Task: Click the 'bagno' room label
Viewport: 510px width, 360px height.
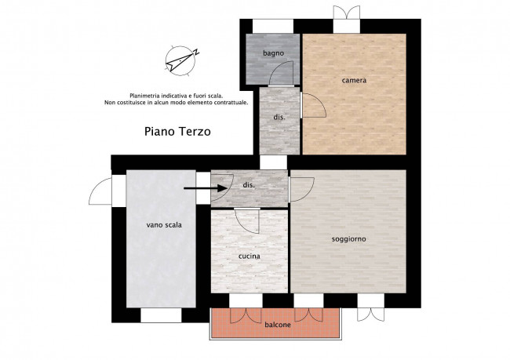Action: [273, 53]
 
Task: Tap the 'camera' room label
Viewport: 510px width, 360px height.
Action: [354, 80]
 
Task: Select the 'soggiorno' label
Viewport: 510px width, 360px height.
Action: [348, 239]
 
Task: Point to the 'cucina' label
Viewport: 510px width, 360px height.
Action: [250, 256]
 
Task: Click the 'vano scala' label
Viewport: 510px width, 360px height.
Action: [164, 225]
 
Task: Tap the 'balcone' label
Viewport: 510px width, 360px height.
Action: [278, 325]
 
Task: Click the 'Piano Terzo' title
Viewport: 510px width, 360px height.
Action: [177, 132]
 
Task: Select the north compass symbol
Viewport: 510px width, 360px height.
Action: [181, 61]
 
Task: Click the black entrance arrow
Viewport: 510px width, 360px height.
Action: [206, 188]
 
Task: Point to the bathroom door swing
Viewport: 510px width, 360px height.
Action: [282, 73]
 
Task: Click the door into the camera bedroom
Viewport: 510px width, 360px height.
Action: [313, 105]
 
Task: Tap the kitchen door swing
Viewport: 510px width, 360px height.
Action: [247, 220]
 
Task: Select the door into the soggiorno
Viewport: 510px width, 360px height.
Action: [301, 189]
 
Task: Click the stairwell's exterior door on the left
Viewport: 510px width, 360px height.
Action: [100, 191]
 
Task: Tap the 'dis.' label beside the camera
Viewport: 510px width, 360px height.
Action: [279, 117]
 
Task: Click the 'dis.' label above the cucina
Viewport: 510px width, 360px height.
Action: [249, 185]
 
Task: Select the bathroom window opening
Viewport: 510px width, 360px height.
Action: [273, 27]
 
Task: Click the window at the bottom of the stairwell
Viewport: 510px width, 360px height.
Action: [161, 315]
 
